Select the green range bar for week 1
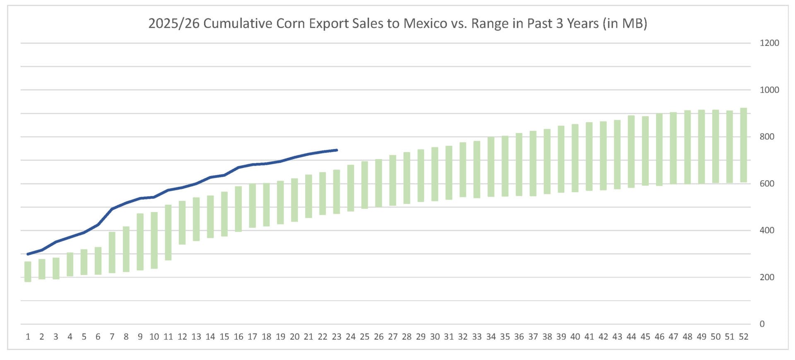pyautogui.click(x=28, y=272)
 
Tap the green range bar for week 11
pyautogui.click(x=168, y=232)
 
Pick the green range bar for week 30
pyautogui.click(x=435, y=174)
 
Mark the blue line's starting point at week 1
pyautogui.click(x=28, y=254)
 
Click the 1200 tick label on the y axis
pyautogui.click(x=769, y=43)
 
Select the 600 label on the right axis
pyautogui.click(x=766, y=184)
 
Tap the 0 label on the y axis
pyautogui.click(x=762, y=324)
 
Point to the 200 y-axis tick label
pyautogui.click(x=766, y=277)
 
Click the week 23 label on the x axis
pyautogui.click(x=336, y=337)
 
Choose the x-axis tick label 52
pyautogui.click(x=743, y=337)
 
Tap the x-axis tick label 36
pyautogui.click(x=519, y=337)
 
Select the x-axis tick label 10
pyautogui.click(x=154, y=337)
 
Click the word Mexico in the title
pyautogui.click(x=425, y=24)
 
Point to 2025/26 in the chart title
pyautogui.click(x=174, y=24)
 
